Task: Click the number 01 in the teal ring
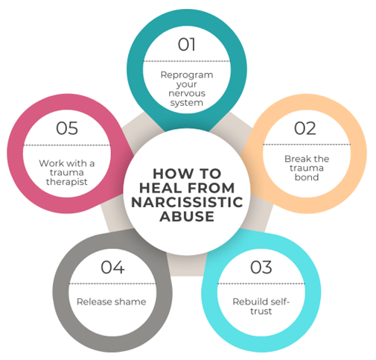point(187,45)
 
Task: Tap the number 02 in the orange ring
point(305,128)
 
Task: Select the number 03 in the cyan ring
point(261,268)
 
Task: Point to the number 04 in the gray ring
point(112,268)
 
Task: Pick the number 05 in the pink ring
point(67,128)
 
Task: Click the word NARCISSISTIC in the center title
point(187,202)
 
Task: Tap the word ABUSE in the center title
point(187,216)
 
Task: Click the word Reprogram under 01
point(187,75)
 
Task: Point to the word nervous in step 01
point(187,93)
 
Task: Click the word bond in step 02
point(307,177)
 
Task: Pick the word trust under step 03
point(261,311)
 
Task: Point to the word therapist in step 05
point(67,182)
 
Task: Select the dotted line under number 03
point(261,283)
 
